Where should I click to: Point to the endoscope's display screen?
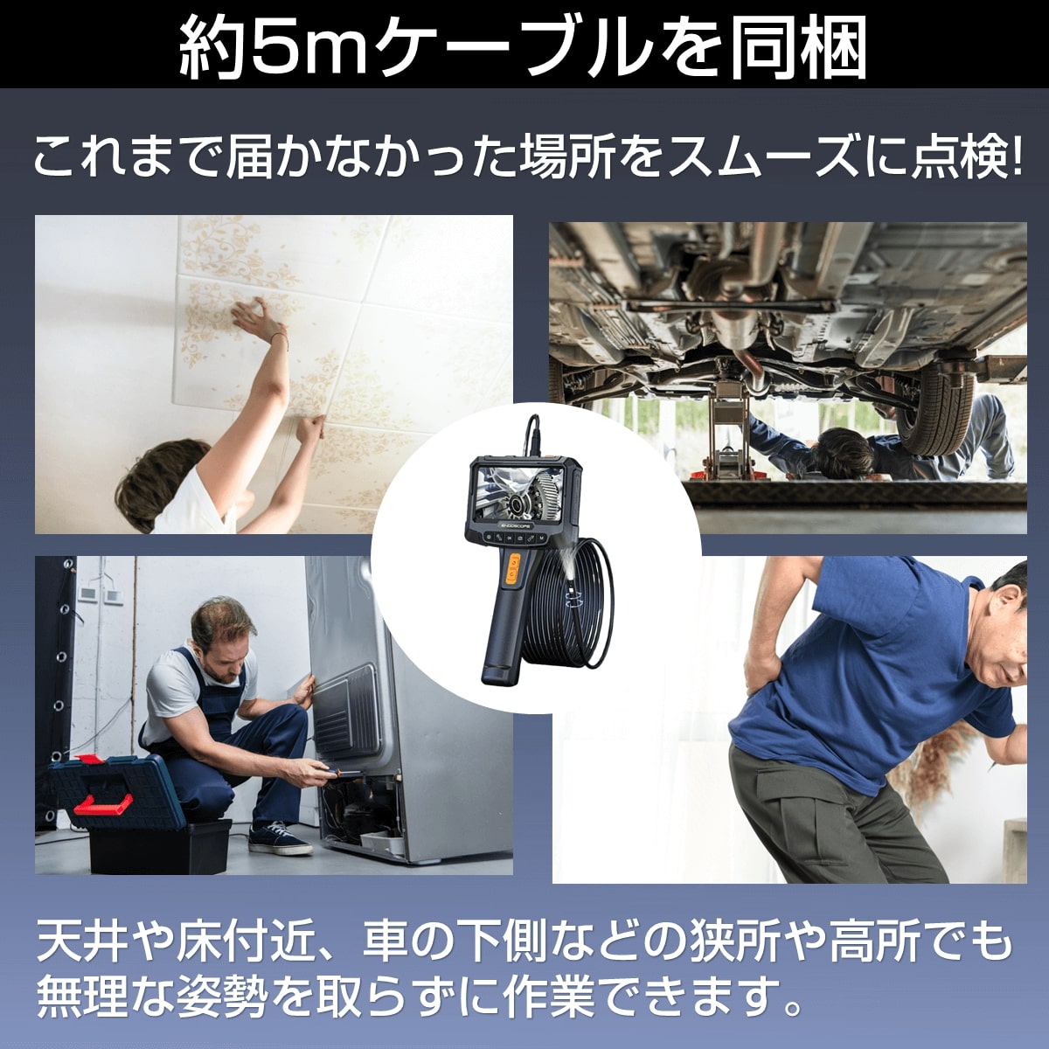[x=511, y=494]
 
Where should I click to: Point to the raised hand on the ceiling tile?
[x=254, y=318]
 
